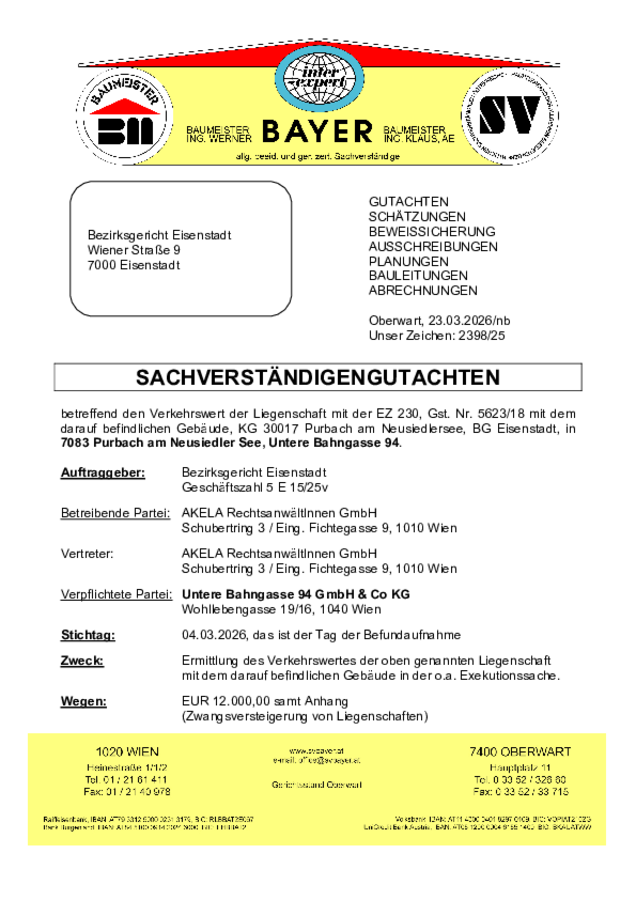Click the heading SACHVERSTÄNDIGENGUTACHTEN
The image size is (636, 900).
pyautogui.click(x=317, y=377)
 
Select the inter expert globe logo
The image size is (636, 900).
pyautogui.click(x=319, y=78)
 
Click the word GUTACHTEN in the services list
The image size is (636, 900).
pyautogui.click(x=409, y=202)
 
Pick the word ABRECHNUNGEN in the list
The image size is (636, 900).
pyautogui.click(x=423, y=290)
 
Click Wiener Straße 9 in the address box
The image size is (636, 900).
pyautogui.click(x=134, y=250)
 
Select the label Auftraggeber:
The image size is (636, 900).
pyautogui.click(x=103, y=472)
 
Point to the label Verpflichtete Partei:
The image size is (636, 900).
pyautogui.click(x=116, y=594)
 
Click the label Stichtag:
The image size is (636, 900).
pyautogui.click(x=88, y=634)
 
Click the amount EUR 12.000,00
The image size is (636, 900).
pyautogui.click(x=224, y=701)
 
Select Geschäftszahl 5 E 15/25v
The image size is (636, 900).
pyautogui.click(x=254, y=487)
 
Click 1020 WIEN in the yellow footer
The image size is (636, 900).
pyautogui.click(x=127, y=751)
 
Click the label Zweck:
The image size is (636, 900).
pyautogui.click(x=82, y=661)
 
